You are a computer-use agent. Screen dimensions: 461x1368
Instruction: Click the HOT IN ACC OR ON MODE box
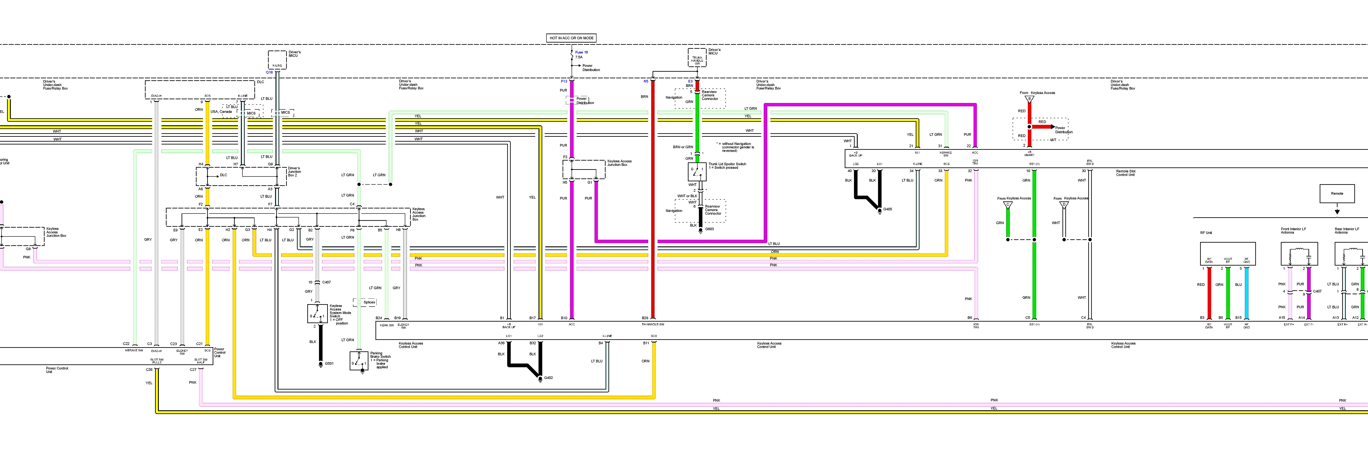571,38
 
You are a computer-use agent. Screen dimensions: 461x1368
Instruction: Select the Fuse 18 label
582,52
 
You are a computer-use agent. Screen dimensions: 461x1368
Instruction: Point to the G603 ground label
709,229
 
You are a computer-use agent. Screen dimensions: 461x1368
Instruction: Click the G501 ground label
329,363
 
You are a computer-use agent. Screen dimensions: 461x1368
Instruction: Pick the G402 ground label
549,378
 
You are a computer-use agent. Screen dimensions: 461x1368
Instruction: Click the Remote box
1337,193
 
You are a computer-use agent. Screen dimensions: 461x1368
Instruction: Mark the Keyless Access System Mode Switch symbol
318,313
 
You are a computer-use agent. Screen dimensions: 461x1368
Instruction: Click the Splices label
369,302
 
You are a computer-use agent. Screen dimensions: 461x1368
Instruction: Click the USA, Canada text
221,112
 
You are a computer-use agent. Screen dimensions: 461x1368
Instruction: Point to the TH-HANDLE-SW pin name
653,324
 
